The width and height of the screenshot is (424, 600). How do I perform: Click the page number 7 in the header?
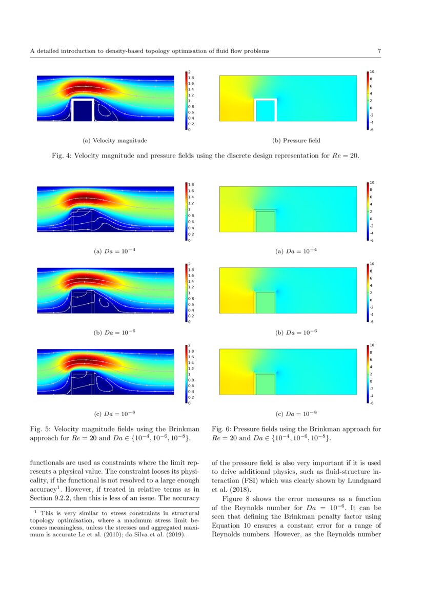(379, 51)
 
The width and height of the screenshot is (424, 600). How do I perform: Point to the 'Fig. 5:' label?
(40, 429)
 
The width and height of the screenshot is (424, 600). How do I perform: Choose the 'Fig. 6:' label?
(221, 429)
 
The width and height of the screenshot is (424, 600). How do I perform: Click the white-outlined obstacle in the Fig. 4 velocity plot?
(82, 110)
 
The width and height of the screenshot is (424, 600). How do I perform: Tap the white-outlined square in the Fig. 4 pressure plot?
(266, 110)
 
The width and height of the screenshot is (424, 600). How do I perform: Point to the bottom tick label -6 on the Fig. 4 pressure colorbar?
(372, 130)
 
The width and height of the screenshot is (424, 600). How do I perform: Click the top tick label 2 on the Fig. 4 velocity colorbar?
(189, 72)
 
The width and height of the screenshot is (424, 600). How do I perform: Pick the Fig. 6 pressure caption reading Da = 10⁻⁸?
(296, 414)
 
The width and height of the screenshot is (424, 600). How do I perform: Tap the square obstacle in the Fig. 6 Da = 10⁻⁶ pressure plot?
(266, 303)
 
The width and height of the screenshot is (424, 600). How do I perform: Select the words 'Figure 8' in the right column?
(234, 498)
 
